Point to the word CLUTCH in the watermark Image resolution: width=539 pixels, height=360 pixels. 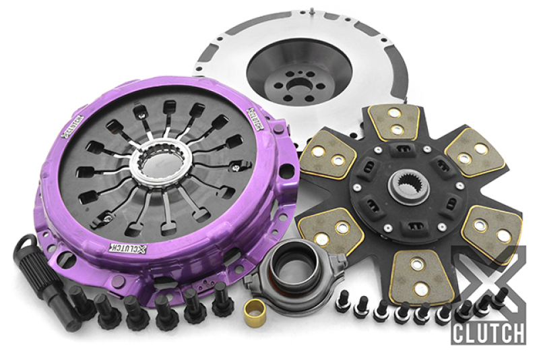[488, 332]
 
